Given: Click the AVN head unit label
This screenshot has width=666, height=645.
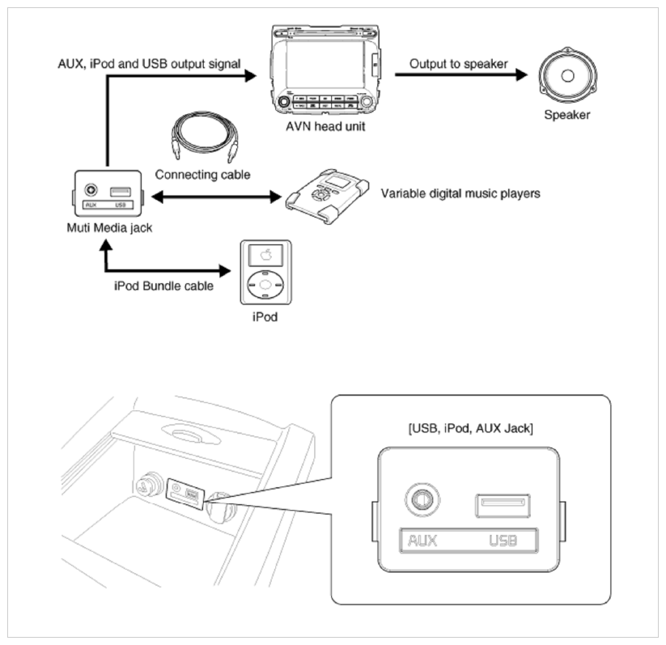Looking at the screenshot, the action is (x=325, y=126).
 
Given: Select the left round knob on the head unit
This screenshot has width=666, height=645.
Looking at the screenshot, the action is (x=283, y=102).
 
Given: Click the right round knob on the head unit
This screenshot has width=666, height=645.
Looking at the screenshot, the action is (x=366, y=102).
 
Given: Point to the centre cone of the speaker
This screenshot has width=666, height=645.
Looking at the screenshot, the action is (x=567, y=75).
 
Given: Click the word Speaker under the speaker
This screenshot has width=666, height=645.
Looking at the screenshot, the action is (x=567, y=115).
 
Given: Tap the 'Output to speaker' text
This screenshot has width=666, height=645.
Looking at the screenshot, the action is (x=458, y=64).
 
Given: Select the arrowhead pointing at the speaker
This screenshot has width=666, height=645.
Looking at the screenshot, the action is (x=522, y=74).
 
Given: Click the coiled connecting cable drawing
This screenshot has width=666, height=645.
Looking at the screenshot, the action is (x=204, y=137).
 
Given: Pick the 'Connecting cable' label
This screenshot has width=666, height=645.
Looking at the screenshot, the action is (x=202, y=175).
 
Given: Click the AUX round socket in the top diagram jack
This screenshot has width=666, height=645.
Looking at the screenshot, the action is (x=91, y=189).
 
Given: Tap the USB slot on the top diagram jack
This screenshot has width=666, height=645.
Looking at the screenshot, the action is (x=121, y=192).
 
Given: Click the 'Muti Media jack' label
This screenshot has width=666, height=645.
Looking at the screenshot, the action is (x=109, y=227).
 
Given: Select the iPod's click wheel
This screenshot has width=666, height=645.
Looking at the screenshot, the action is (x=265, y=284).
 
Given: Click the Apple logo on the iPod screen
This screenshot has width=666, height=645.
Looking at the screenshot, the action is (x=266, y=255).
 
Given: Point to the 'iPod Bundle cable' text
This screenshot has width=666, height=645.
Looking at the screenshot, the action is (x=163, y=286).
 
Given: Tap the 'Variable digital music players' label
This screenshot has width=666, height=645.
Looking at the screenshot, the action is (x=460, y=193).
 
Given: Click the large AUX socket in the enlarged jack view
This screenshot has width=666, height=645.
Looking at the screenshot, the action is (x=422, y=499).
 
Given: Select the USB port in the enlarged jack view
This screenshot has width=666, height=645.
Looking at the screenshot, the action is (x=503, y=506).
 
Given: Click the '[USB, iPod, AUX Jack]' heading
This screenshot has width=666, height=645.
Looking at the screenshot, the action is (x=471, y=428).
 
